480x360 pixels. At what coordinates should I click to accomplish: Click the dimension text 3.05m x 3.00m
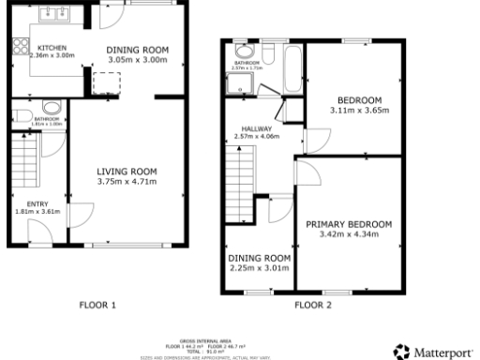[136, 59]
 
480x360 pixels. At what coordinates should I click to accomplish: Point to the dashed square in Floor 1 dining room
[102, 82]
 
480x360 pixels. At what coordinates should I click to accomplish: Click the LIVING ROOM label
[127, 171]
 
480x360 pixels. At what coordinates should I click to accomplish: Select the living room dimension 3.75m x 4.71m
[127, 181]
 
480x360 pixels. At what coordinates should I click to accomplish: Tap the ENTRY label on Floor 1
[25, 202]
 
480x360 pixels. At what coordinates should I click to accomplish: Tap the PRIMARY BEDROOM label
[349, 224]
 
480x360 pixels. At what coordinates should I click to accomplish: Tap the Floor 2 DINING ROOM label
[258, 258]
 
